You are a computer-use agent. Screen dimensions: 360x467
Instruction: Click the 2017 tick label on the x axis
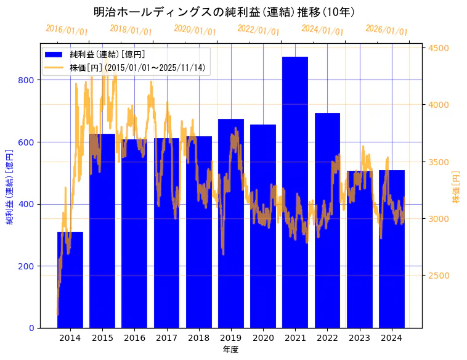pyautogui.click(x=166, y=338)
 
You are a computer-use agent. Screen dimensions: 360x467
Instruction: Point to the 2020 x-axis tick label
pyautogui.click(x=263, y=338)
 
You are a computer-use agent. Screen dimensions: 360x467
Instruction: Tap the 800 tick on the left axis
pyautogui.click(x=30, y=80)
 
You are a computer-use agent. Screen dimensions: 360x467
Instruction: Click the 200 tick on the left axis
pyautogui.click(x=30, y=266)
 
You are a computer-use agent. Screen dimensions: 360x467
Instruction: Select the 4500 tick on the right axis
pyautogui.click(x=438, y=48)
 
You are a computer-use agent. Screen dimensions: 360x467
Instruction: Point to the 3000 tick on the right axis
pyautogui.click(x=438, y=219)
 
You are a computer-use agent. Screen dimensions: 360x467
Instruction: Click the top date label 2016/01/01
pyautogui.click(x=67, y=30)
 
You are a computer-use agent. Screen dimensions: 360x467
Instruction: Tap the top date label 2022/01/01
pyautogui.click(x=259, y=30)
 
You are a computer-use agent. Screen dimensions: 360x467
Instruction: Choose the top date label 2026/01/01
pyautogui.click(x=387, y=30)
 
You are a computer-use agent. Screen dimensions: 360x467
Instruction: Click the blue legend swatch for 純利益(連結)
pyautogui.click(x=55, y=55)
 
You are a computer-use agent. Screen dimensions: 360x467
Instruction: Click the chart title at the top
pyautogui.click(x=224, y=12)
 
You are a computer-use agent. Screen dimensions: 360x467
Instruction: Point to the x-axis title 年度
pyautogui.click(x=230, y=350)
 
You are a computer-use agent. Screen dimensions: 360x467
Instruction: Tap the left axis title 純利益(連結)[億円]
pyautogui.click(x=10, y=186)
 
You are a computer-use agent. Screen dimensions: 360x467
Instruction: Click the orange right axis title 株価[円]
pyautogui.click(x=457, y=187)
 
